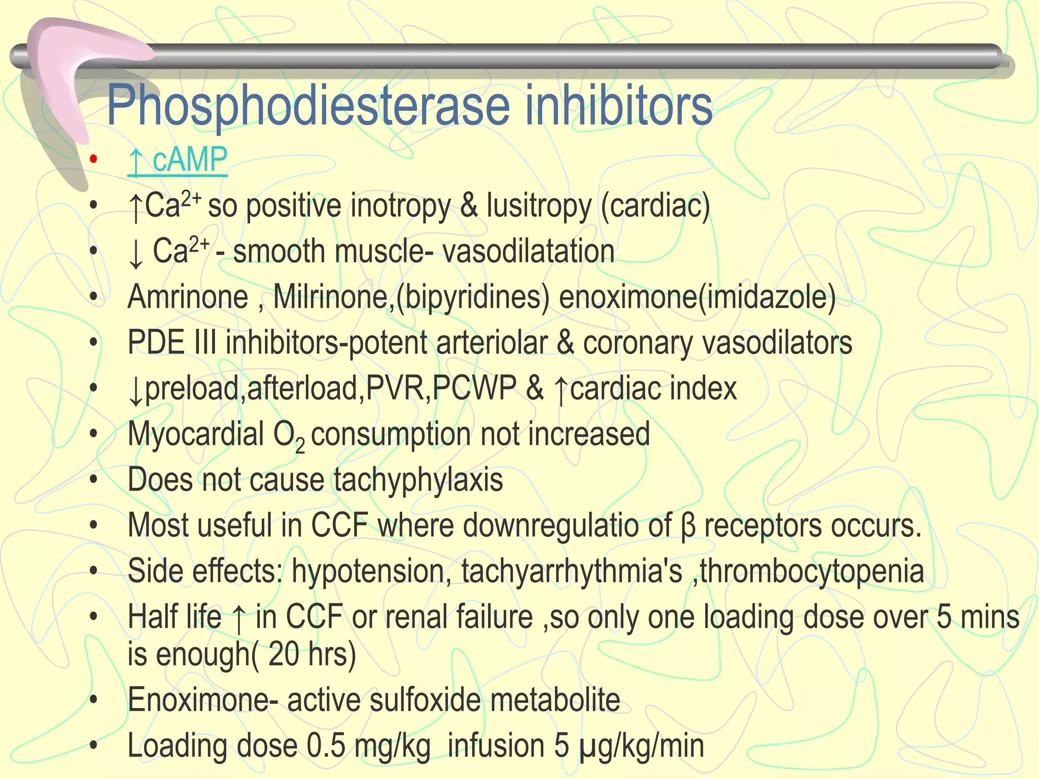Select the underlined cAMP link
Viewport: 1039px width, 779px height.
(178, 160)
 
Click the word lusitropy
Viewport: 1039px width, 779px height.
(539, 206)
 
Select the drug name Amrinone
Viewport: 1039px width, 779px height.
(188, 297)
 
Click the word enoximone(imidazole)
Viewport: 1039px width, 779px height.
(697, 297)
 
